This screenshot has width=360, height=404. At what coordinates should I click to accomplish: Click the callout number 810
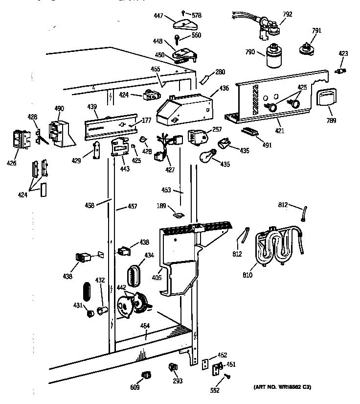click(x=247, y=275)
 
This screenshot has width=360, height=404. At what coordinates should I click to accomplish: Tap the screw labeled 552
click(x=227, y=376)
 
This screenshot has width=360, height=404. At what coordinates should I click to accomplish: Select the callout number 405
click(x=157, y=278)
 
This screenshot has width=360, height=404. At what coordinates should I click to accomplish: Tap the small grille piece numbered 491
click(x=249, y=132)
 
